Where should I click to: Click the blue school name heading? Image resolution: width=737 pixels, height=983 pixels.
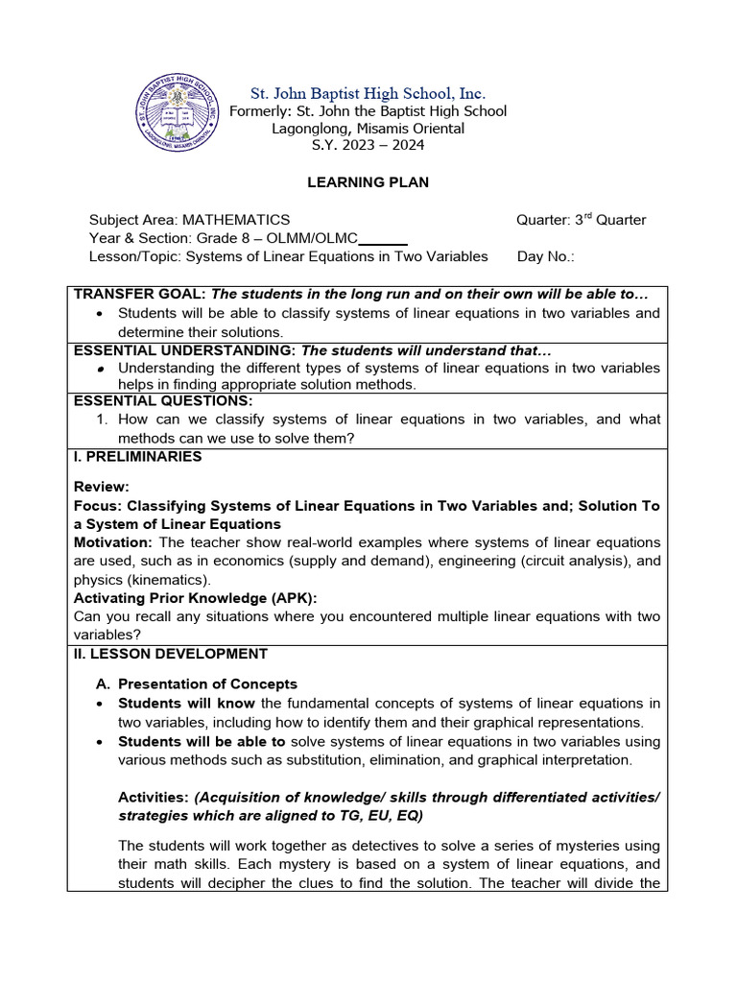[x=368, y=93]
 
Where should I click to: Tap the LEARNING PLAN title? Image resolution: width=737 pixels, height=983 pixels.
[x=368, y=182]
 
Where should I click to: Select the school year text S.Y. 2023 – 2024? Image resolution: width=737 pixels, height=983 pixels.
[x=368, y=145]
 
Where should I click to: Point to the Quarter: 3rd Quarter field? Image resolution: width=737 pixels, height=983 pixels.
[x=581, y=220]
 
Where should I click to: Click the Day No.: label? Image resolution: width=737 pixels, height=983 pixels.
[x=545, y=256]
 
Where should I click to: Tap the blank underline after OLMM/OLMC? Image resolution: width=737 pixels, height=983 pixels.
[x=384, y=239]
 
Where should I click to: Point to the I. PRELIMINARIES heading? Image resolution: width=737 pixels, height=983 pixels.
[x=138, y=457]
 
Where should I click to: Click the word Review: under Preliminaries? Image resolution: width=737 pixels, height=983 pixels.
[x=102, y=487]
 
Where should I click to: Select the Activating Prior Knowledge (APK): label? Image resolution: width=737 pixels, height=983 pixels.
[x=196, y=598]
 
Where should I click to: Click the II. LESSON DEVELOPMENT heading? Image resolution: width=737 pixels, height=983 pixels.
[x=171, y=654]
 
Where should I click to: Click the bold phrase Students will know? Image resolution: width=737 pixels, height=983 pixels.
[x=187, y=704]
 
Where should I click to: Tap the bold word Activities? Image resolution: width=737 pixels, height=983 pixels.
[x=154, y=797]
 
